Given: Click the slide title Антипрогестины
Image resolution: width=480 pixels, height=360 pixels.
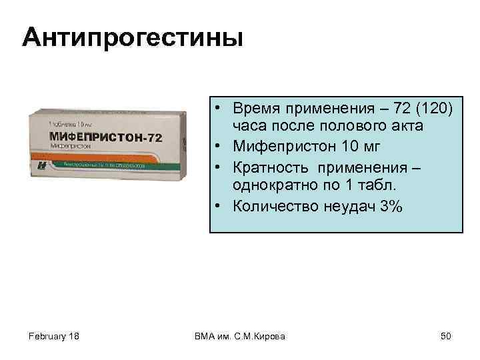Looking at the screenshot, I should point(133,37).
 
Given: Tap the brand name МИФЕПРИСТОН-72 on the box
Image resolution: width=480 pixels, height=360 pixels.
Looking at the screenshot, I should point(105,137).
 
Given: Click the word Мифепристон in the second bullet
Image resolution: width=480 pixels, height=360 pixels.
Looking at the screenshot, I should point(281,143).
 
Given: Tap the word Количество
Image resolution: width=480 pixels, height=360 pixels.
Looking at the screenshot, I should point(275,207).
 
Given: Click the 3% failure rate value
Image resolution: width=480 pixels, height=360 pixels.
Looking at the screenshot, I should point(391,207).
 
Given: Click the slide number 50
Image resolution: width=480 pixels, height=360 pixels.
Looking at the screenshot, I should point(445,336).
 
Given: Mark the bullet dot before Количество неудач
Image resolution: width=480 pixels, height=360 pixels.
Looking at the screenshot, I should point(219,207).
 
